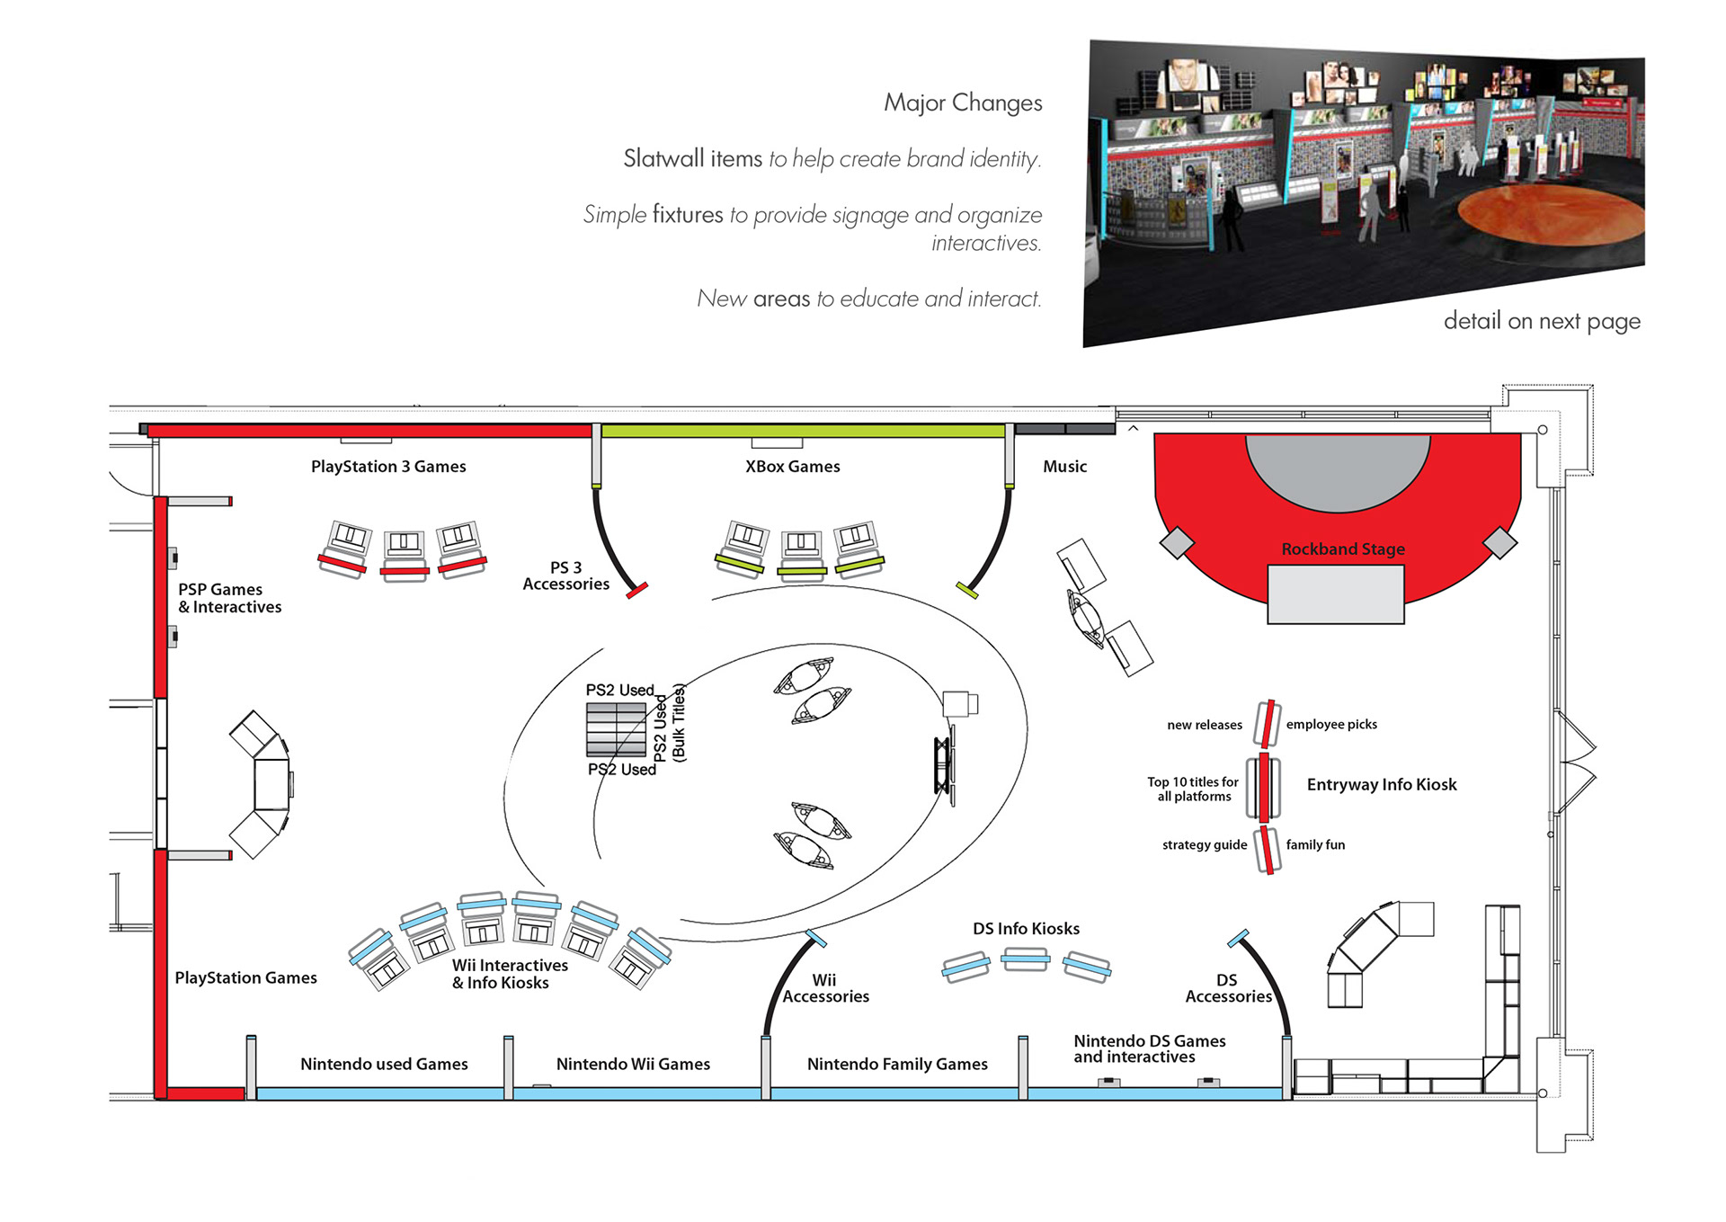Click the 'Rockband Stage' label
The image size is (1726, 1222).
click(1342, 549)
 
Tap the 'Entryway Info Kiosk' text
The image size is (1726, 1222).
click(1381, 784)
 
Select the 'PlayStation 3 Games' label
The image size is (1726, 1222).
click(388, 466)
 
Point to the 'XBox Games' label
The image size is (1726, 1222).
click(792, 466)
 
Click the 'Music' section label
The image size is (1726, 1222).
click(1064, 466)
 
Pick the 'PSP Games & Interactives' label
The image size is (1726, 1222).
click(229, 598)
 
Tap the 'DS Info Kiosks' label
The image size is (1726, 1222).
click(1026, 928)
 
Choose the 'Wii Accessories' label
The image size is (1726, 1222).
click(825, 988)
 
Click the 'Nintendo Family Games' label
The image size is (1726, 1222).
click(897, 1064)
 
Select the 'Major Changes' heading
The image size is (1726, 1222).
click(963, 103)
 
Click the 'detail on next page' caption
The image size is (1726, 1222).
click(1541, 321)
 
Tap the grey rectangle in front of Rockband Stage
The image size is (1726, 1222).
click(1335, 593)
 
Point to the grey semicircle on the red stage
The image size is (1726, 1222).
click(1337, 468)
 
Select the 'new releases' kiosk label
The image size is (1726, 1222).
click(1204, 725)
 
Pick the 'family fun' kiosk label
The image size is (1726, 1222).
click(1315, 844)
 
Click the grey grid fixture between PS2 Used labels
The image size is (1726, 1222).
click(616, 729)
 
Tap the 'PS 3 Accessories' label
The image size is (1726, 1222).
click(565, 575)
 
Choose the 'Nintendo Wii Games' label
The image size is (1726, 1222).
click(633, 1064)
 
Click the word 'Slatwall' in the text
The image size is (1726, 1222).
click(663, 158)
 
